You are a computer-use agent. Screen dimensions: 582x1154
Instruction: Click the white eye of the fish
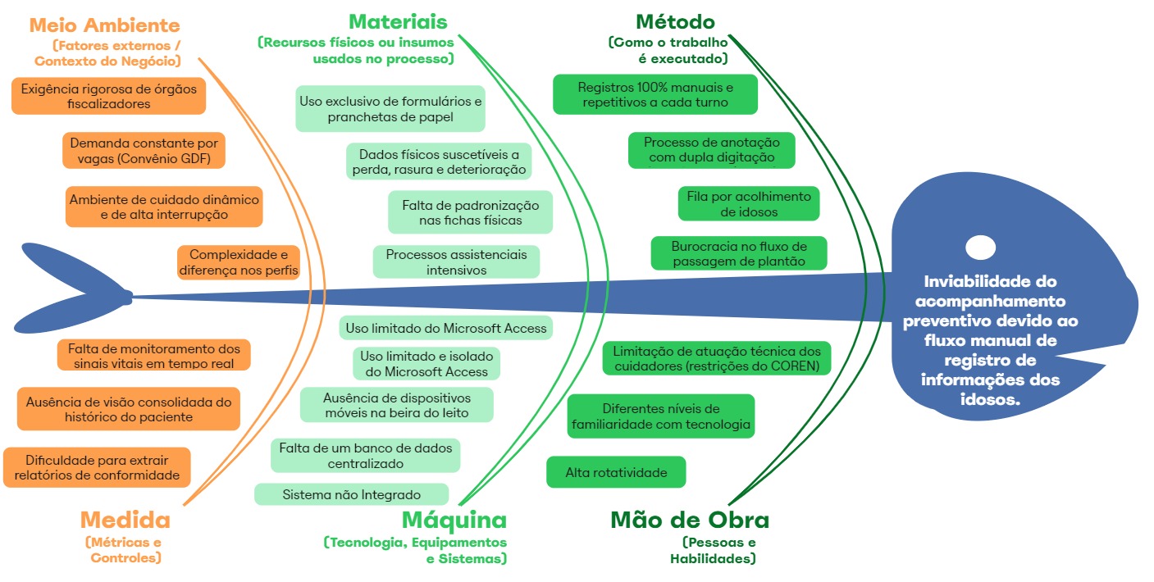980,247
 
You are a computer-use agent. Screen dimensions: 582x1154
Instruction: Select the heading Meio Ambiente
104,25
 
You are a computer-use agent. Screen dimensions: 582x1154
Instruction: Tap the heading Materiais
398,21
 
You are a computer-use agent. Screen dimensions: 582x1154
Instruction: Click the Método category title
675,21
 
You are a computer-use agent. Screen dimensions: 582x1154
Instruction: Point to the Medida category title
125,520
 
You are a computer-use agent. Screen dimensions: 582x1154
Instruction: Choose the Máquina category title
454,520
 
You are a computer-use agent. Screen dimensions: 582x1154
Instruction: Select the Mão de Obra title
690,520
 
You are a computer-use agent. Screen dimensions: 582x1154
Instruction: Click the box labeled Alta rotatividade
616,472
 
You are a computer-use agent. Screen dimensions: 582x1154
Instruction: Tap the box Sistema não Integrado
351,494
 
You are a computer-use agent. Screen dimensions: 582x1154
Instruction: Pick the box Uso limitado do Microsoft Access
445,328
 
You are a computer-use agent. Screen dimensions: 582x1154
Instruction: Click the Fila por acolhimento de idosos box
748,204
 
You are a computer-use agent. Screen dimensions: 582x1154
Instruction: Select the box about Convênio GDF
144,151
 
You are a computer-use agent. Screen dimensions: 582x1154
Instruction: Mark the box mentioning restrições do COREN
717,358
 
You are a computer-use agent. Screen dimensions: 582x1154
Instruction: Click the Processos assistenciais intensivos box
456,262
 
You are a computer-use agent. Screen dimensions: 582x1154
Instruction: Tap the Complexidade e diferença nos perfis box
238,262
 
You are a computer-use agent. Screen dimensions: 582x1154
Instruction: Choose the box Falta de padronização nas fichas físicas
470,213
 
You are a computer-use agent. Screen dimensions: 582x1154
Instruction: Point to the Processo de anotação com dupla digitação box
711,150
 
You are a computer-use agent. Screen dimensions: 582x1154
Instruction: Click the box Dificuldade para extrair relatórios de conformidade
97,467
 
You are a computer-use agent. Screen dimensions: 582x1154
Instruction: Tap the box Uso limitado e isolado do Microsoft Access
426,363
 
